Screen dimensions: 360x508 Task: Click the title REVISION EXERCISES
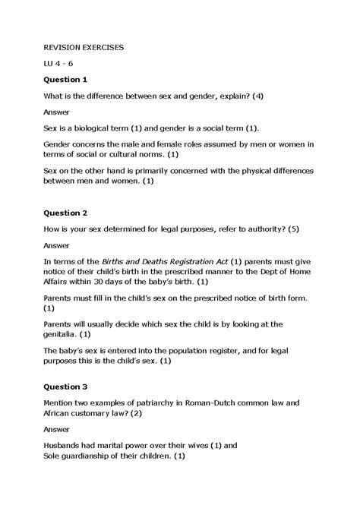pyautogui.click(x=84, y=47)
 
